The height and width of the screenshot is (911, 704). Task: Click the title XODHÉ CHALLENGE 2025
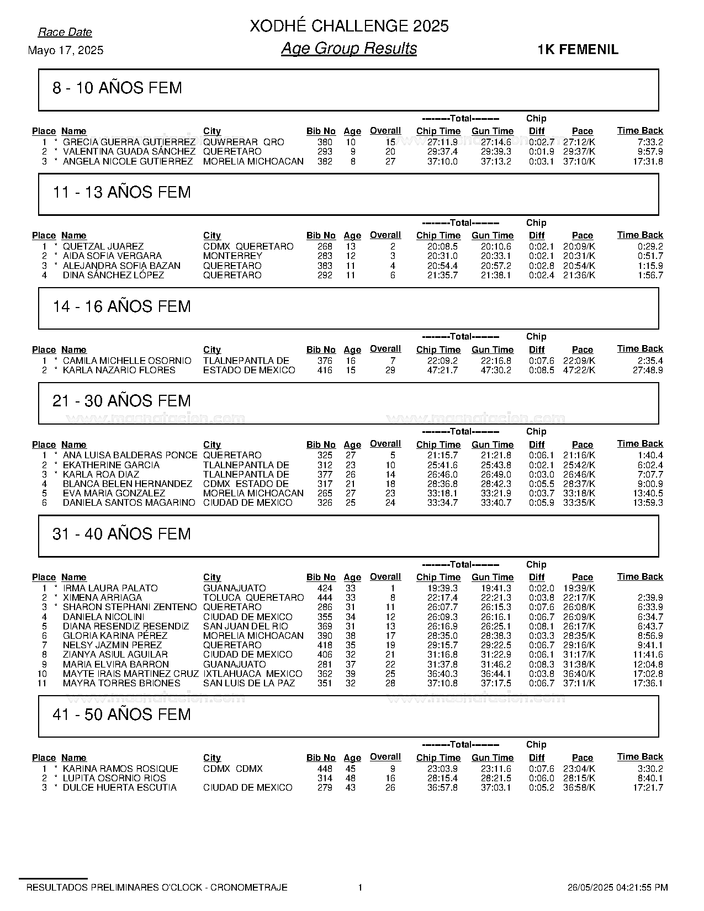(x=349, y=26)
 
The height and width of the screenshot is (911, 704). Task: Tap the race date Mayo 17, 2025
(x=65, y=50)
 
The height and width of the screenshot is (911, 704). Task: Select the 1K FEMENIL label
(x=578, y=50)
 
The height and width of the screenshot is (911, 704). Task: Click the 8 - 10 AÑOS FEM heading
(x=117, y=88)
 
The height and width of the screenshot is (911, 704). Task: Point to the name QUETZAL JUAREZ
(x=103, y=246)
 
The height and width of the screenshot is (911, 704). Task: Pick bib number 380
(x=325, y=142)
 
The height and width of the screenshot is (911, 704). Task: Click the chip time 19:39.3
(x=442, y=588)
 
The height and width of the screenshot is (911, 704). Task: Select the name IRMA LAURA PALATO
(x=110, y=588)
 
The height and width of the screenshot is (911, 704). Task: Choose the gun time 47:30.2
(x=496, y=370)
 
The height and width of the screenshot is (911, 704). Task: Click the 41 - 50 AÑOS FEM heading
(x=121, y=714)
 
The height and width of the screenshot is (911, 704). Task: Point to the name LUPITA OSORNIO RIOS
(x=114, y=778)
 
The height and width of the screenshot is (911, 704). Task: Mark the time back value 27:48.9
(x=648, y=370)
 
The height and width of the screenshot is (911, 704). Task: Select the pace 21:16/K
(x=579, y=455)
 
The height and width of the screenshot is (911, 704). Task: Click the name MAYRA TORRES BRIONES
(x=121, y=683)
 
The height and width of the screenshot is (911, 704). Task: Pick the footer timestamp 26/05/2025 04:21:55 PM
(x=617, y=887)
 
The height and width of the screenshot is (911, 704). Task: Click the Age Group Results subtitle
(x=349, y=49)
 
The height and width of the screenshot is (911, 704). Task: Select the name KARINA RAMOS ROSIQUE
(x=120, y=769)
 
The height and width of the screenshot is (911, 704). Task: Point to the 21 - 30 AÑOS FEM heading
(x=121, y=401)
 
